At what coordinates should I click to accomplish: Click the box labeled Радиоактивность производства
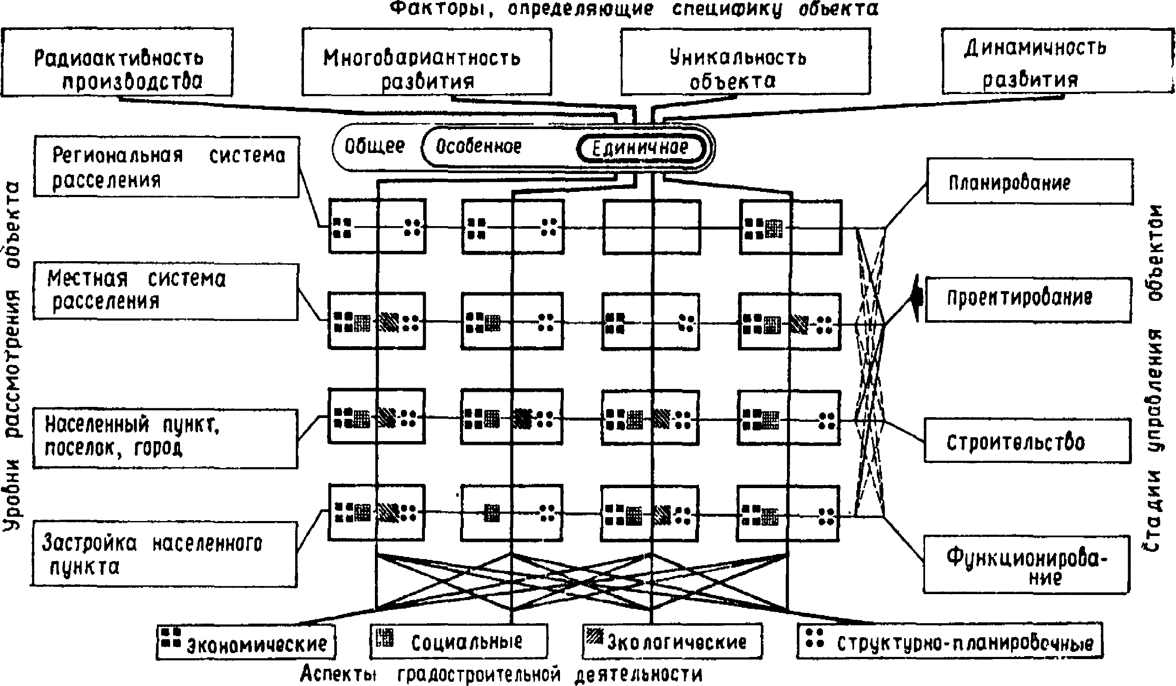[x=117, y=62]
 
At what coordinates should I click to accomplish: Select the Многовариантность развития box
[x=427, y=62]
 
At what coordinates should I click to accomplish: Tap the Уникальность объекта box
[x=745, y=62]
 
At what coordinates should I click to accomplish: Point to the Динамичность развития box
[x=1057, y=62]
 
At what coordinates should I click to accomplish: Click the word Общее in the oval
[x=374, y=147]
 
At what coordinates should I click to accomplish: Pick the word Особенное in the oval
[x=478, y=147]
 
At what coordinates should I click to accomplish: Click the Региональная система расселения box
[x=166, y=167]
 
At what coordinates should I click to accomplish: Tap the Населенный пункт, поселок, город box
[x=165, y=438]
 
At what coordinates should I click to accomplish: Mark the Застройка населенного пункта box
[x=164, y=554]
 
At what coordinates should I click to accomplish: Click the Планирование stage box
[x=1029, y=182]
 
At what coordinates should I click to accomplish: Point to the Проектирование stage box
[x=1028, y=299]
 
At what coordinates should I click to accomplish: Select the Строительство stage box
[x=1027, y=441]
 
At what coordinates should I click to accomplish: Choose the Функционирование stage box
[x=1026, y=564]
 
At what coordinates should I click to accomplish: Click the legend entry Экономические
[x=246, y=642]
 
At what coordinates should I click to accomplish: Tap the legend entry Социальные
[x=459, y=642]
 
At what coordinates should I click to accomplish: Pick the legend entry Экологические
[x=672, y=641]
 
